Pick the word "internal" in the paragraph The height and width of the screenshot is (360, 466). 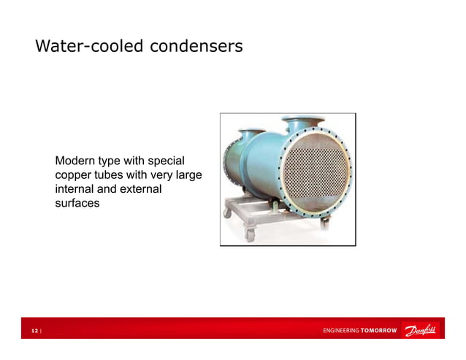[77, 190]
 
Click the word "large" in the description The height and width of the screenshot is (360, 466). [187, 175]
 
